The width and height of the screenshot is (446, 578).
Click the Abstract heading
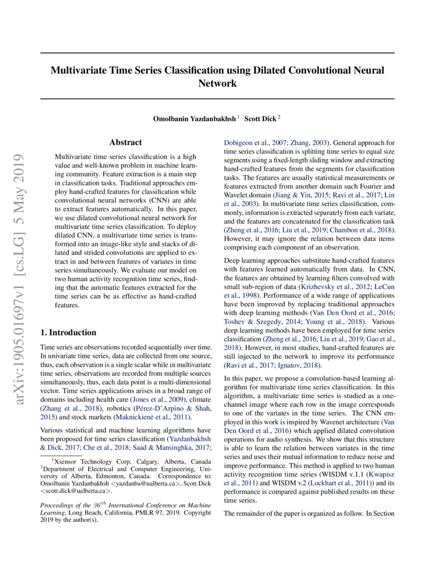pos(125,142)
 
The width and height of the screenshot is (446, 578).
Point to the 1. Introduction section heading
pos(68,332)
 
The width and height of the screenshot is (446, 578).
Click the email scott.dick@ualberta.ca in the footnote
pos(76,491)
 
